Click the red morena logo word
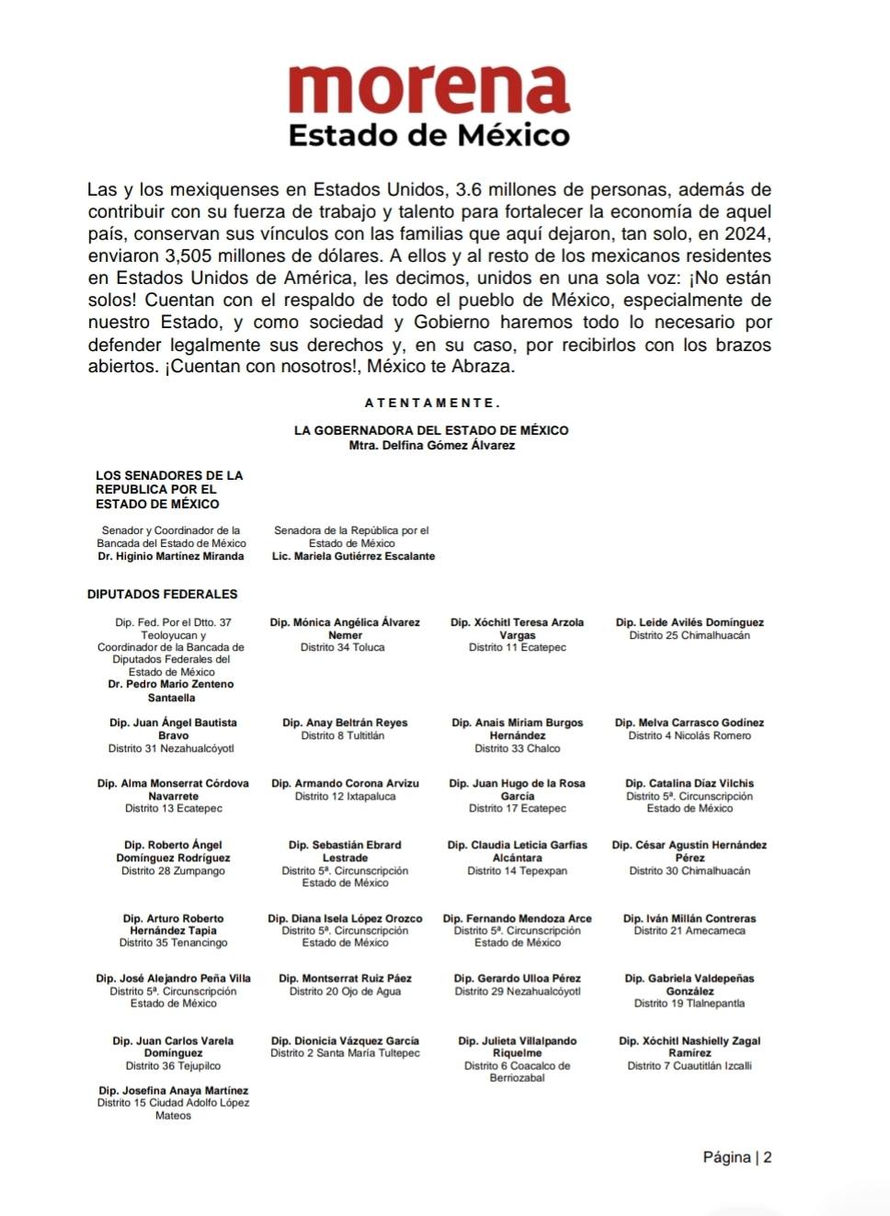coord(428,90)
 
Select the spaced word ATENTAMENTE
coord(432,403)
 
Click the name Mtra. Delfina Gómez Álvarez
coord(431,446)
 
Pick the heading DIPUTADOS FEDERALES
coord(162,595)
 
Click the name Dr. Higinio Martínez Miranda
coord(171,556)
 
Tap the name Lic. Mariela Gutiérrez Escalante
coord(353,556)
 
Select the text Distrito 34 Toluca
coord(342,647)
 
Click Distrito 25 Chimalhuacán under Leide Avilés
coord(689,635)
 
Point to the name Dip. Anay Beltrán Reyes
coord(345,722)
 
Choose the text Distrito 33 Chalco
coord(517,748)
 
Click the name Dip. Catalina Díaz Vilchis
coord(689,783)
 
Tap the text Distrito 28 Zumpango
coord(173,870)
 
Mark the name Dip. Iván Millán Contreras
coord(689,918)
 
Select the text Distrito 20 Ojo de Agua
coord(345,991)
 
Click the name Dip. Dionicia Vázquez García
coord(345,1040)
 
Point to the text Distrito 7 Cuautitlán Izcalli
coord(689,1065)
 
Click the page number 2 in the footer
coord(768,1157)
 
